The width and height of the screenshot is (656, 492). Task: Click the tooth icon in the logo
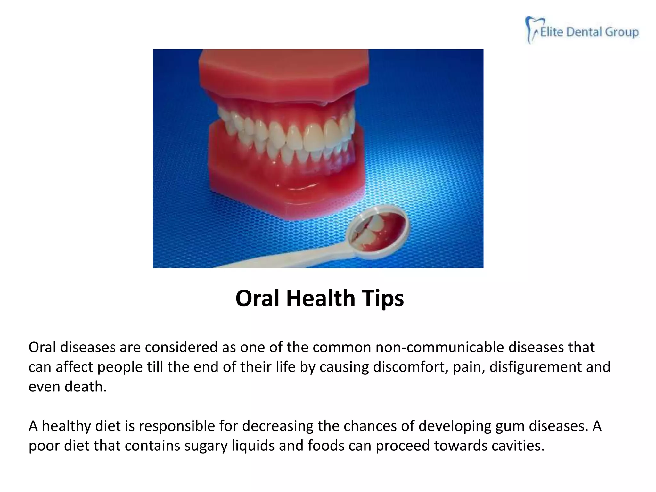point(531,29)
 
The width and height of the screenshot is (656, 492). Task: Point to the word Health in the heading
point(321,298)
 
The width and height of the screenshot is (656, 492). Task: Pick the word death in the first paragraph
point(86,387)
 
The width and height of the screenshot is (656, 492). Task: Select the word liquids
point(253,446)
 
